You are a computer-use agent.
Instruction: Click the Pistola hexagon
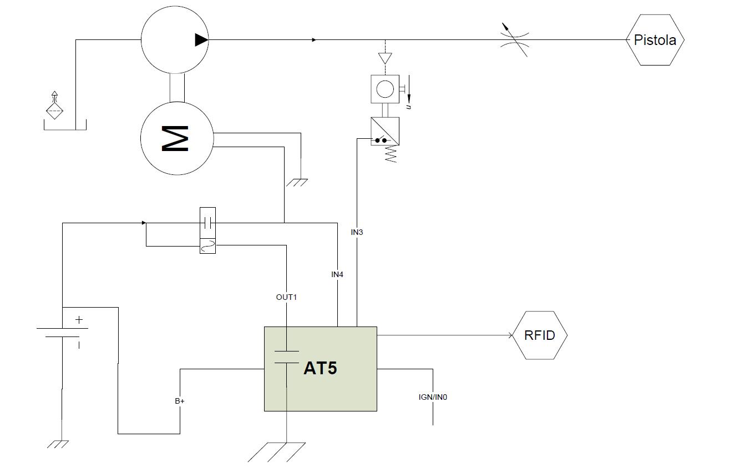coord(655,40)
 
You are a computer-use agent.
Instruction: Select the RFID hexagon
coord(539,335)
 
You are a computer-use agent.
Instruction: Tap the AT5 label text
coord(320,368)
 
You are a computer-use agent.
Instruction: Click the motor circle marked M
coord(177,138)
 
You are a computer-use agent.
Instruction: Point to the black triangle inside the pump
coord(201,40)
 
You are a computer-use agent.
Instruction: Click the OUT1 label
coord(286,297)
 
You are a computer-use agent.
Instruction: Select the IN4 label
coord(337,274)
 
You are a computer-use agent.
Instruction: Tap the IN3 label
coord(357,232)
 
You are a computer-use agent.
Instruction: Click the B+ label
coord(180,401)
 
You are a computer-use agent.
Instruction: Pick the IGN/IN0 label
coord(433,397)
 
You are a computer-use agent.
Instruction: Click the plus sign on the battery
coord(79,319)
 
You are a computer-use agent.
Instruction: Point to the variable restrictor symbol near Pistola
coord(514,40)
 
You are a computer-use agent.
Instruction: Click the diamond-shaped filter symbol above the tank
coord(54,110)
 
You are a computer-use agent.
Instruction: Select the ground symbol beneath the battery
coord(58,444)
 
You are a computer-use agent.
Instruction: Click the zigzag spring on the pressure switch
coord(391,154)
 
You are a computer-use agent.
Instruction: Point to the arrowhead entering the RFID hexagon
coord(510,335)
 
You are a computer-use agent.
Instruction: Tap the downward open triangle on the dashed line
coord(385,58)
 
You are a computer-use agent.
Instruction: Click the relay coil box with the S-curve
coord(207,246)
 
